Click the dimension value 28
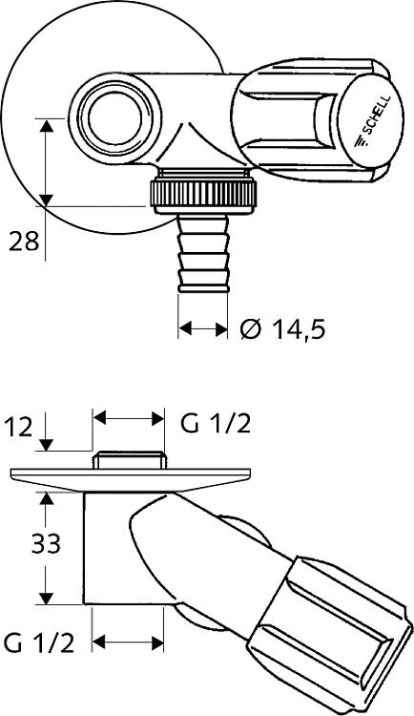[x=24, y=242]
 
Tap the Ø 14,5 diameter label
[x=283, y=328]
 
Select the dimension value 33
[x=46, y=544]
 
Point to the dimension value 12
[x=18, y=428]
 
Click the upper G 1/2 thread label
[x=216, y=423]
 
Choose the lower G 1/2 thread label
[x=39, y=642]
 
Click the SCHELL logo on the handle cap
[x=372, y=122]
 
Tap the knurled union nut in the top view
[x=203, y=194]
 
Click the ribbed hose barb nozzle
[x=203, y=254]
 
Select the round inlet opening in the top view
[x=114, y=118]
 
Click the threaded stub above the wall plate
[x=129, y=460]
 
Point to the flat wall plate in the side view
[x=130, y=479]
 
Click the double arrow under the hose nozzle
[x=202, y=327]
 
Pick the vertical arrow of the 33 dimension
[x=45, y=548]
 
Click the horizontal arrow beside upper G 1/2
[x=129, y=417]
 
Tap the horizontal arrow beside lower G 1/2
[x=128, y=642]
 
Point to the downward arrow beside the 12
[x=46, y=432]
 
